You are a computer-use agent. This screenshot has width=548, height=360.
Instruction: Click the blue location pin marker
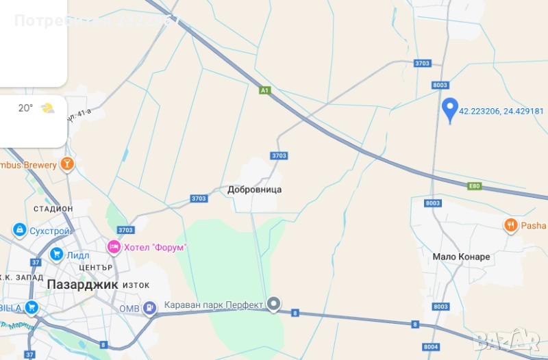(449, 110)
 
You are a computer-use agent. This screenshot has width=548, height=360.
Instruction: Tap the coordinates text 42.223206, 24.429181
(501, 111)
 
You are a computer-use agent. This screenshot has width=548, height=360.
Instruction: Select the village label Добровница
(255, 190)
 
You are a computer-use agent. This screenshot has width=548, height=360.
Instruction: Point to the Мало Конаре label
(461, 257)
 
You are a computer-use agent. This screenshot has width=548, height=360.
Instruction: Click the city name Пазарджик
(82, 283)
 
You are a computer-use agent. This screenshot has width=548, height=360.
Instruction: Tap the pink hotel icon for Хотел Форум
(114, 246)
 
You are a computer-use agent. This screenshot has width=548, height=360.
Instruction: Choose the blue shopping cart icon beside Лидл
(56, 255)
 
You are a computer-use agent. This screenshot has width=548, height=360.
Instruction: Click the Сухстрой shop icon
(19, 231)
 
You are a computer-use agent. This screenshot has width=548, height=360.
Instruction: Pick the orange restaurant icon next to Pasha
(510, 225)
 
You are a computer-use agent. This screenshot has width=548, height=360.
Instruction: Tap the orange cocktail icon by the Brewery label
(66, 164)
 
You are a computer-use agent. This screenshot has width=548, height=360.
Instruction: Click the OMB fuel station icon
(148, 309)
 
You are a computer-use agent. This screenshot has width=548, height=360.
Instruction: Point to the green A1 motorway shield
(265, 90)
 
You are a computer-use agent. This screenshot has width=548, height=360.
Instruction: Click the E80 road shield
(475, 185)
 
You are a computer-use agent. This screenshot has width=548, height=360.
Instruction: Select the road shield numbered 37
(29, 355)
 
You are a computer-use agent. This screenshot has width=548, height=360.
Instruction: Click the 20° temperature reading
(25, 108)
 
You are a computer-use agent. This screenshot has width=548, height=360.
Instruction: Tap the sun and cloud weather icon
(47, 108)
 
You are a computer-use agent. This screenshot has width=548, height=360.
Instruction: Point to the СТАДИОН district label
(53, 208)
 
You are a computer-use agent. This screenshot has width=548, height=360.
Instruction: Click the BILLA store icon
(31, 307)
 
